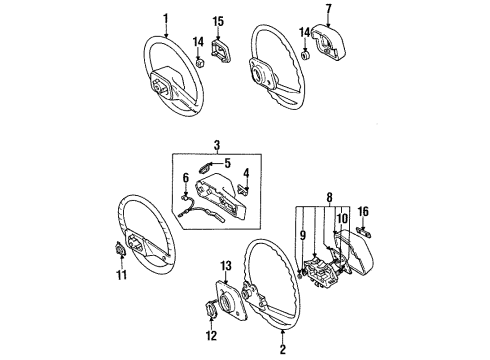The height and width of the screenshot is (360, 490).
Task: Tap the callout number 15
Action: click(218, 19)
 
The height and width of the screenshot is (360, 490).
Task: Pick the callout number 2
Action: click(284, 349)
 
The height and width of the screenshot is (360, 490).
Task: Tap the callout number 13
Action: click(225, 265)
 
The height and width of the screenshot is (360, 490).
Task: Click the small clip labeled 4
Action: click(246, 186)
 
